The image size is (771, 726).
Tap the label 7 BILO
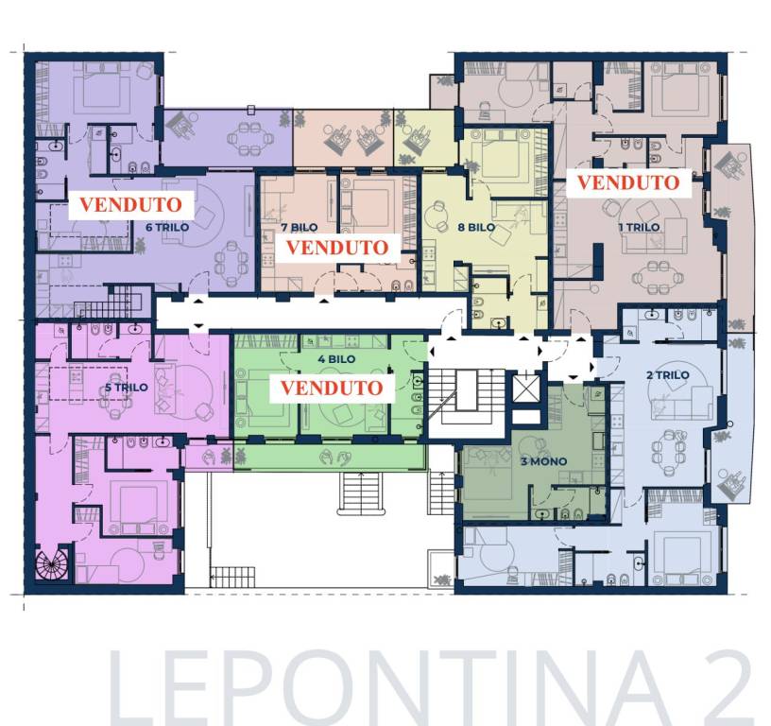tap(299, 227)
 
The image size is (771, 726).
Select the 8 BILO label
tap(475, 227)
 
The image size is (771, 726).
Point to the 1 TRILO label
tap(639, 227)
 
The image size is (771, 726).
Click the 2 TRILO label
tap(667, 375)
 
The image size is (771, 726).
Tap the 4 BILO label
tap(335, 360)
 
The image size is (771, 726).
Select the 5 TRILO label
tap(126, 388)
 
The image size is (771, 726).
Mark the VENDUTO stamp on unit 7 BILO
tap(336, 247)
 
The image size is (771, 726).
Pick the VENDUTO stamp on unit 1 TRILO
tap(627, 182)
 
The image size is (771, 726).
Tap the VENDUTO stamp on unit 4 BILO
tap(332, 388)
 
